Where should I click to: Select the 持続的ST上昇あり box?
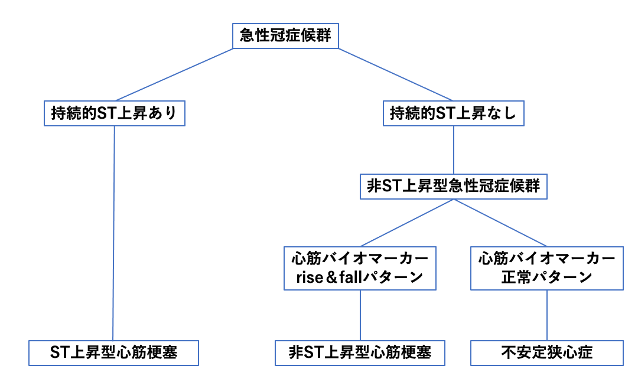(x=115, y=113)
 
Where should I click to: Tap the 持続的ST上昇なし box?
(x=453, y=113)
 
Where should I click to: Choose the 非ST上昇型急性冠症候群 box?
(x=453, y=187)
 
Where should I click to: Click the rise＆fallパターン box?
(x=360, y=268)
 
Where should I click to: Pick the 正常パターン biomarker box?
(x=546, y=268)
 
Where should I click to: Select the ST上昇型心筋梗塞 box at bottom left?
(x=113, y=353)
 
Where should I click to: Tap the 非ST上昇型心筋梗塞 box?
(x=360, y=353)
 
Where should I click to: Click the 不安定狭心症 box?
(x=547, y=353)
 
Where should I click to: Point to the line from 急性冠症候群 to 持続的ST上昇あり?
(x=175, y=74)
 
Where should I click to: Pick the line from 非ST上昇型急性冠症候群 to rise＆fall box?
(x=407, y=223)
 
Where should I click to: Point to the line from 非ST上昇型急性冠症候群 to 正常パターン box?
(x=499, y=223)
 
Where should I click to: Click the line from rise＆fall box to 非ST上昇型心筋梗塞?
(x=360, y=315)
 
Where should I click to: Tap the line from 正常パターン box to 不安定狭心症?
(x=546, y=315)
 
